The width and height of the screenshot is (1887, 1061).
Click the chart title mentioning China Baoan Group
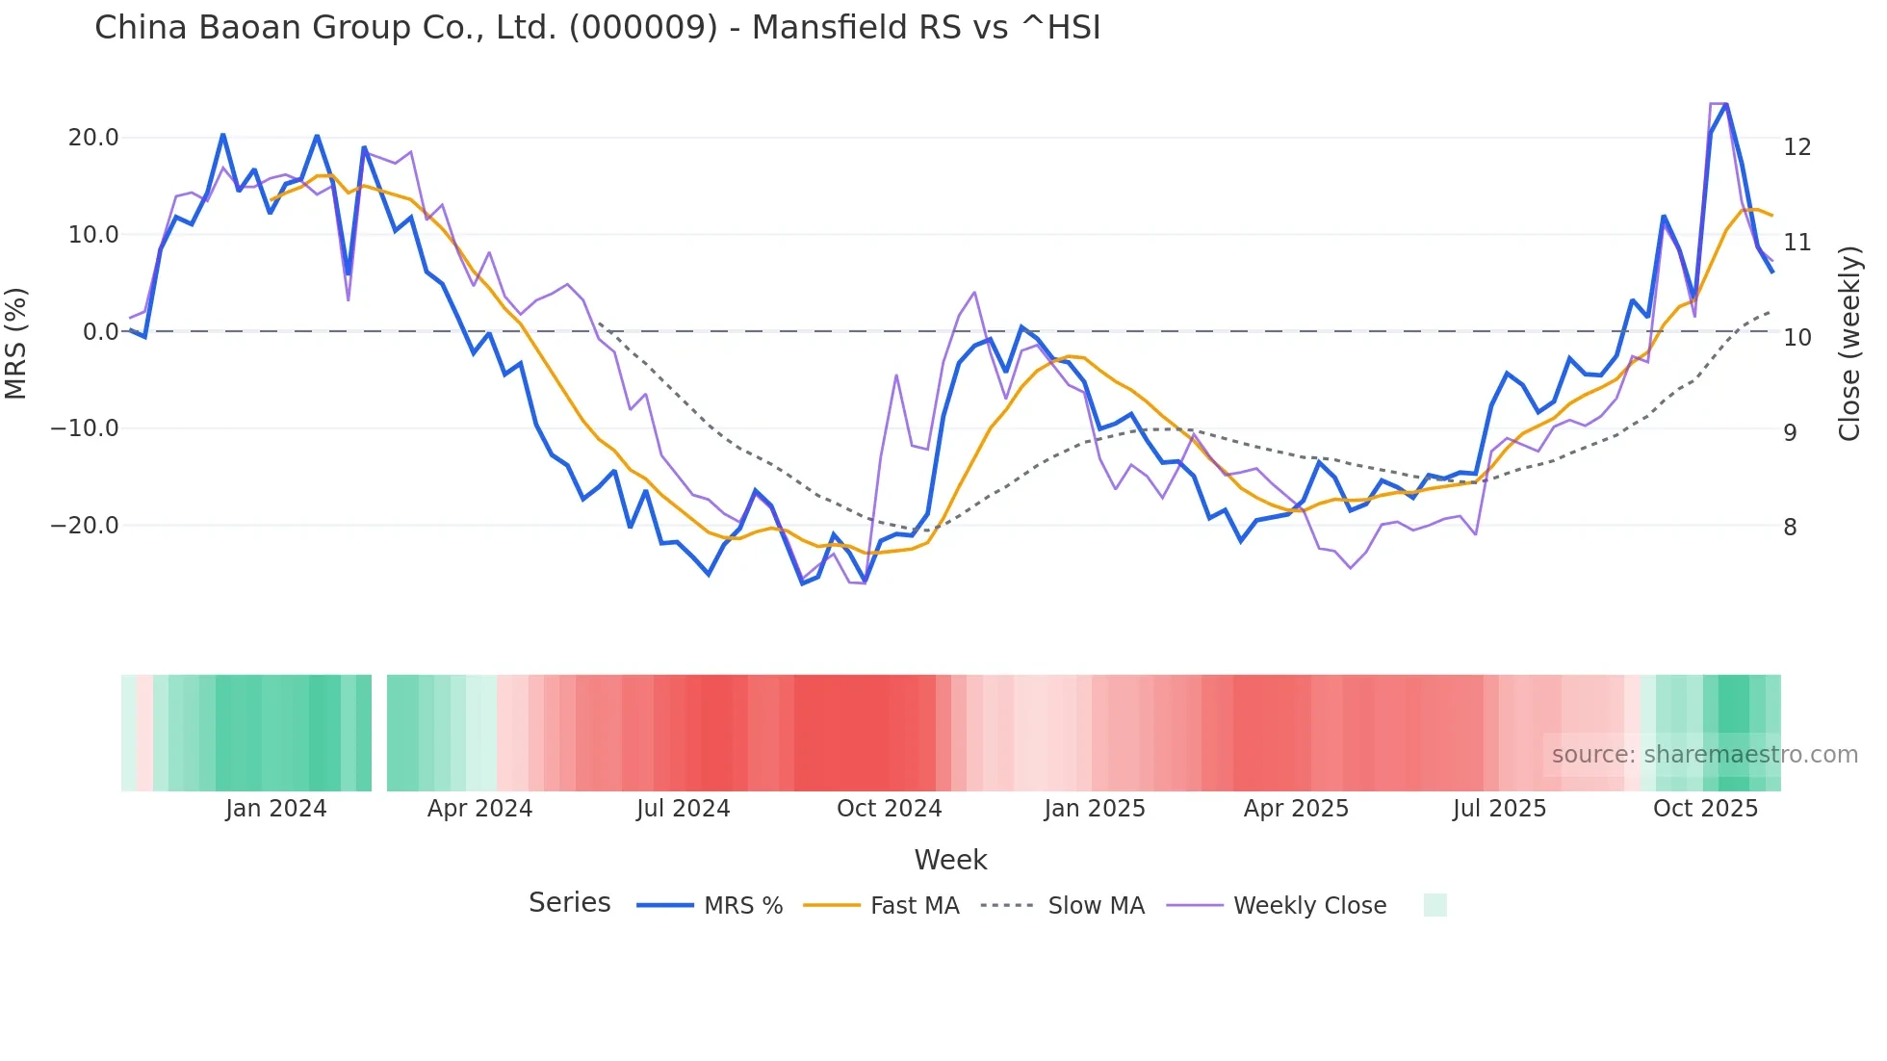click(597, 28)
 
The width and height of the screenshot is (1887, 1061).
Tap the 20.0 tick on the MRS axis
click(93, 138)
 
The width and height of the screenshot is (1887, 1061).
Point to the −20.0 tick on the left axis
click(85, 526)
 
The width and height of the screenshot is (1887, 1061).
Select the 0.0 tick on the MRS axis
click(100, 332)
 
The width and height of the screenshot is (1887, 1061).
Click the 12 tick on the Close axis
click(1797, 147)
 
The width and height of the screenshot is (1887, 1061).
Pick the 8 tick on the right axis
click(1790, 528)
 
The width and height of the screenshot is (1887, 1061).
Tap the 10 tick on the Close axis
click(1797, 338)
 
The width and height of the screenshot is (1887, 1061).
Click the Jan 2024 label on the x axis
click(276, 809)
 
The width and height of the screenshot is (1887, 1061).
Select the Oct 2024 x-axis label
click(889, 809)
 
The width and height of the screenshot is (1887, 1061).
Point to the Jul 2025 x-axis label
click(1499, 809)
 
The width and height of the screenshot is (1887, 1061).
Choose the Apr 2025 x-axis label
click(1296, 809)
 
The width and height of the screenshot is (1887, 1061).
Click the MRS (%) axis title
click(16, 343)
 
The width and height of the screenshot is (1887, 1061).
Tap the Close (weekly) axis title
click(1849, 344)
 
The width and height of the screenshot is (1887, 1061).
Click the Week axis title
click(950, 860)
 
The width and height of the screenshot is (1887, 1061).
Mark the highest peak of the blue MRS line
click(1726, 104)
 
